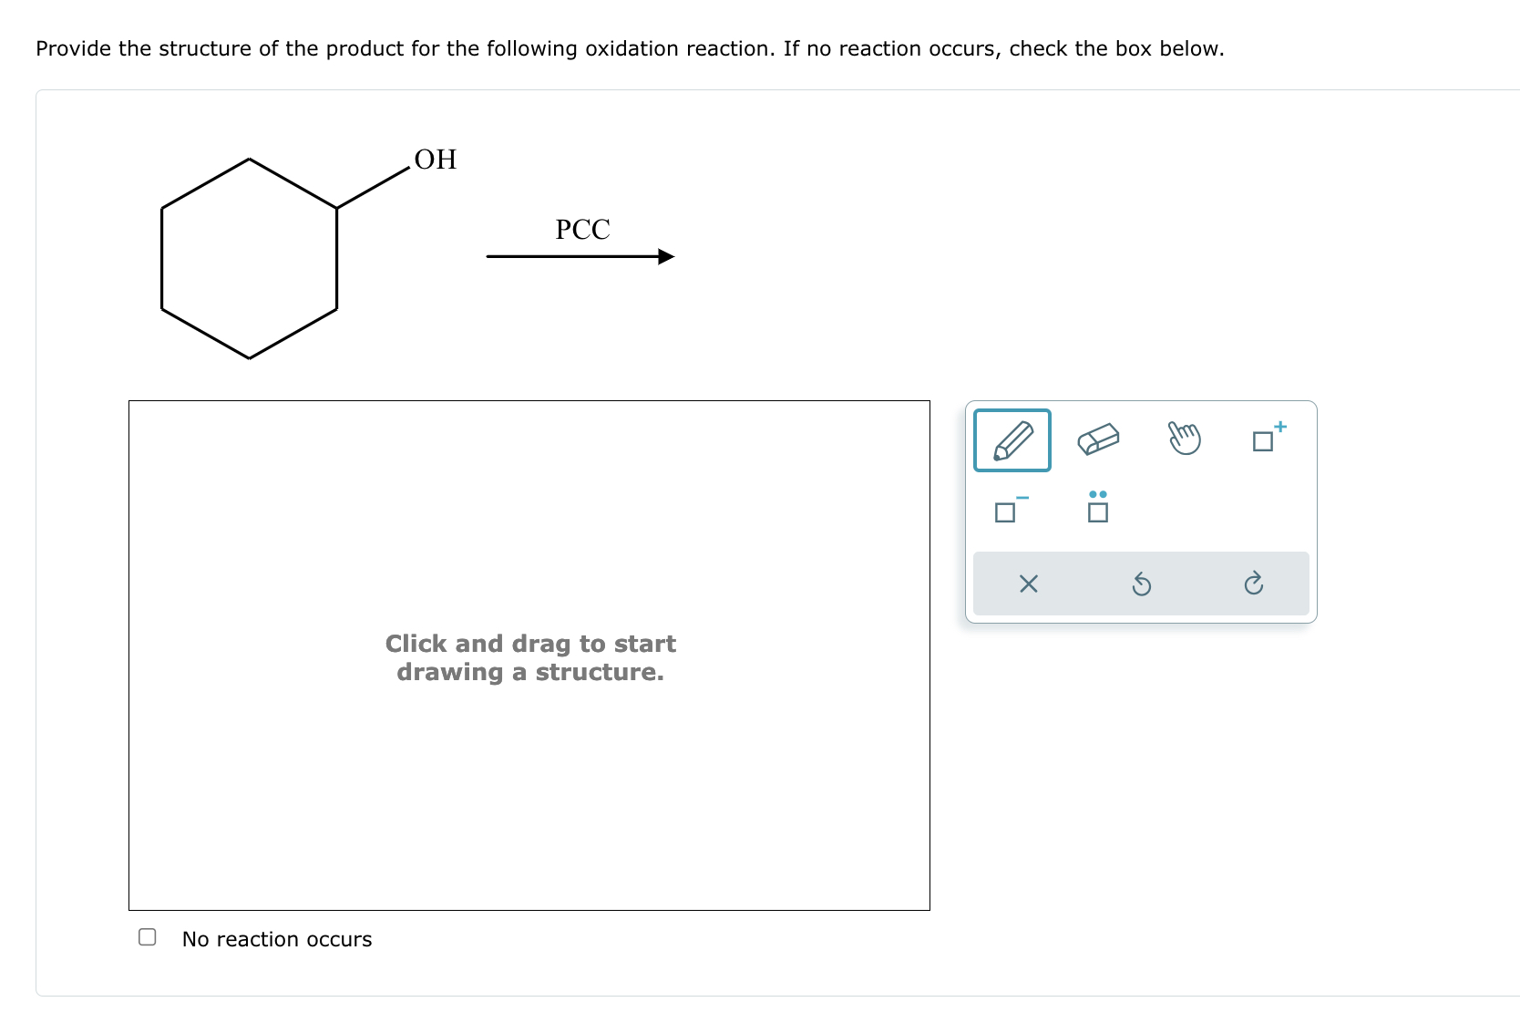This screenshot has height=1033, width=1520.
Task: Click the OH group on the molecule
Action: (435, 160)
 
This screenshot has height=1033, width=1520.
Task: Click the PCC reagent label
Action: (582, 229)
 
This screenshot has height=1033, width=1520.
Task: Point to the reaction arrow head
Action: (666, 257)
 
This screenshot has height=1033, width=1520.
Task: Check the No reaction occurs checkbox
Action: (147, 937)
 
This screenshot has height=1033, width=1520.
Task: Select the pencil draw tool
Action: (1012, 440)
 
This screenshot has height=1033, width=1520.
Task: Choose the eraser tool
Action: (1098, 439)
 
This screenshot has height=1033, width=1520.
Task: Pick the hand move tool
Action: (1184, 439)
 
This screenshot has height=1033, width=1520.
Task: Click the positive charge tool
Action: (1268, 439)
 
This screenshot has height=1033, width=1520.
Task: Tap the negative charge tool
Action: (1010, 510)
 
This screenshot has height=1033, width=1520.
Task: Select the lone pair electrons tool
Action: (1098, 507)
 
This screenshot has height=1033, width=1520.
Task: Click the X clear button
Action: (1028, 584)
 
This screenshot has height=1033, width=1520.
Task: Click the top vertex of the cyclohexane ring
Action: (250, 160)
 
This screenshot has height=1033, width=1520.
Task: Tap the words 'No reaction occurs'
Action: (277, 939)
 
